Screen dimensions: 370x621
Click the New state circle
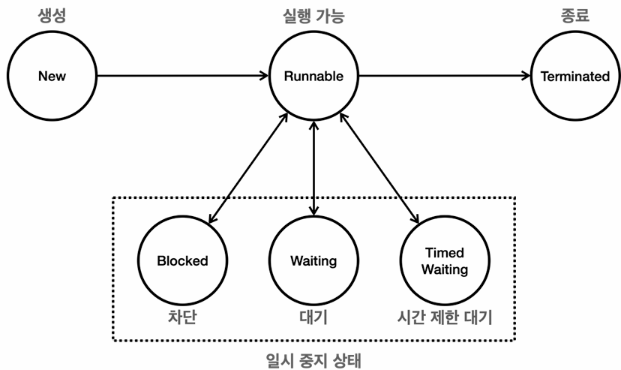(52, 76)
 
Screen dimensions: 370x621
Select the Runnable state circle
(313, 76)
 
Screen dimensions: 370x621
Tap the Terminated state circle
(575, 76)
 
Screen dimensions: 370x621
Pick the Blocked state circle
(182, 261)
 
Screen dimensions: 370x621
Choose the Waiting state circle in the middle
(313, 261)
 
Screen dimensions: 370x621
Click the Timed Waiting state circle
(444, 261)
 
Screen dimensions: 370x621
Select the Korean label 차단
(182, 317)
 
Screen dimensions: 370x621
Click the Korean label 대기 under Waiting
(313, 317)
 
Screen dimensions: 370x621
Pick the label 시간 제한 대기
(444, 317)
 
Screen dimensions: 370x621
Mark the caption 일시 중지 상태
(313, 359)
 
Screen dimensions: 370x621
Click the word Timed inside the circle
(444, 253)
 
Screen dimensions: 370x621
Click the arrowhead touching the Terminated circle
(526, 76)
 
